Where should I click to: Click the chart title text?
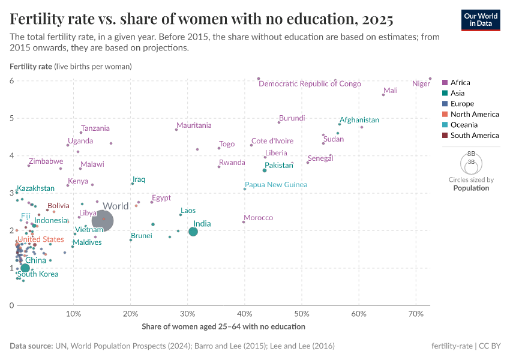(x=202, y=19)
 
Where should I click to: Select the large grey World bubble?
(x=102, y=220)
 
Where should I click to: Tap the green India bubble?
(x=193, y=232)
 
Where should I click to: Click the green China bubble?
(x=25, y=268)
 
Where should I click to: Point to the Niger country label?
(x=421, y=83)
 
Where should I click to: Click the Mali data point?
(x=383, y=95)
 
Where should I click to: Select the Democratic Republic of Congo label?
(x=310, y=83)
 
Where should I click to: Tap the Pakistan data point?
(x=264, y=170)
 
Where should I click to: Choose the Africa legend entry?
(x=460, y=83)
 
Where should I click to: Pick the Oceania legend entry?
(x=464, y=125)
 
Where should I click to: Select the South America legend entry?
(x=475, y=136)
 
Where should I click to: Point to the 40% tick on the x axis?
(x=244, y=314)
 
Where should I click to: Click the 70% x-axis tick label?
(x=415, y=314)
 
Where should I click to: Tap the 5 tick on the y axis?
(x=11, y=118)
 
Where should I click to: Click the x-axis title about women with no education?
(x=223, y=326)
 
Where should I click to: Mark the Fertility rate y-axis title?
(x=31, y=66)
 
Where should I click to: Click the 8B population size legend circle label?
(x=471, y=154)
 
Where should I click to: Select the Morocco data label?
(x=258, y=217)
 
